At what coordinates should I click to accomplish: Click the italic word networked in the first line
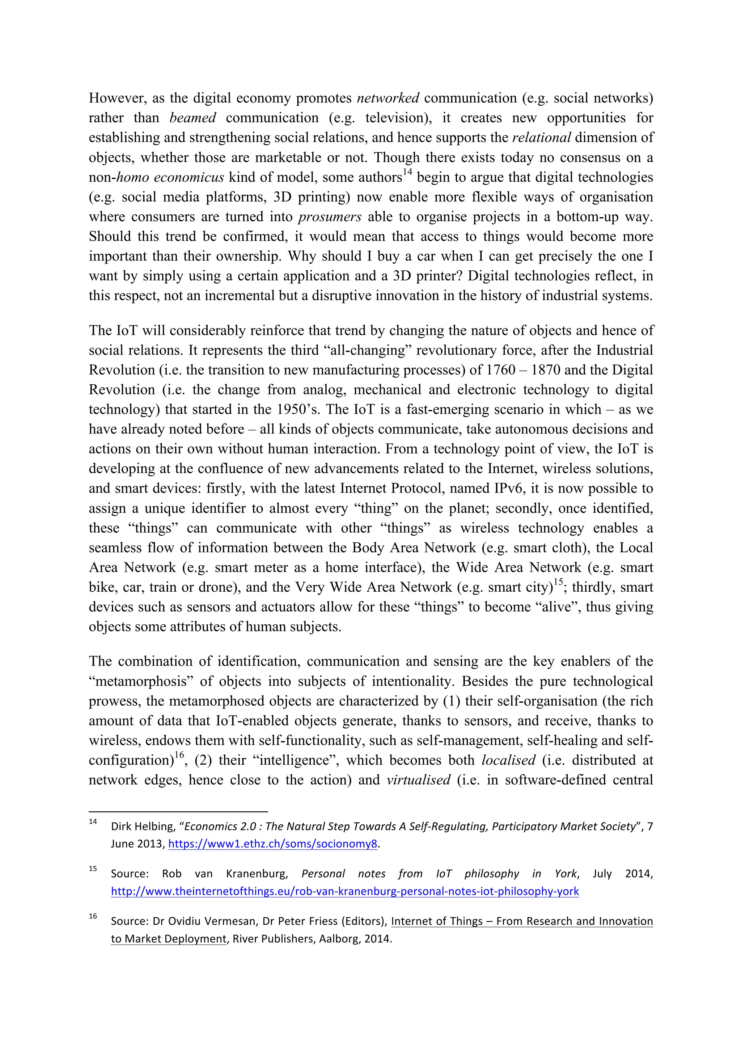[x=388, y=98]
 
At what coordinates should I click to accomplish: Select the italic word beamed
[x=192, y=118]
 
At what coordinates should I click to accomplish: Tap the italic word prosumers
[x=330, y=217]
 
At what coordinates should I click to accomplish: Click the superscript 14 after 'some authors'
[x=407, y=173]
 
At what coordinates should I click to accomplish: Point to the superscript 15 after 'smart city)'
[x=559, y=582]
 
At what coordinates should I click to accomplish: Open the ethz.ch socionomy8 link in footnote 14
[x=273, y=844]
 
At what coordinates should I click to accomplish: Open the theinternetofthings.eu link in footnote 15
[x=344, y=891]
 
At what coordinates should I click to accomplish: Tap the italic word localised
[x=508, y=760]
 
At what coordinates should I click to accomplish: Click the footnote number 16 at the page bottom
[x=93, y=916]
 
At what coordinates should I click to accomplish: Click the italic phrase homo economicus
[x=170, y=177]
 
